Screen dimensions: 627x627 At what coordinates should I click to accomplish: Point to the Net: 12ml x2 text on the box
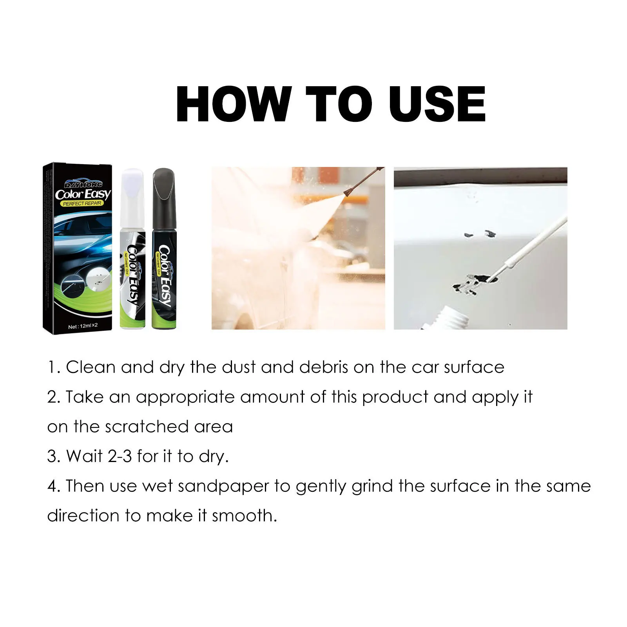pos(83,326)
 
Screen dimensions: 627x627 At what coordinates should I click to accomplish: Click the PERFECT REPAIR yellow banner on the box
pos(82,203)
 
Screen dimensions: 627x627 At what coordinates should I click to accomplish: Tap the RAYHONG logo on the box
pos(83,184)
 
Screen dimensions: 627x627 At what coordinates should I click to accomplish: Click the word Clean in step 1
pos(91,367)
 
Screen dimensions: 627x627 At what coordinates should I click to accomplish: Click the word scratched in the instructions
pos(147,427)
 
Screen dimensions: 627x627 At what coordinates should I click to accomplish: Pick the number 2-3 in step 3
pos(120,457)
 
